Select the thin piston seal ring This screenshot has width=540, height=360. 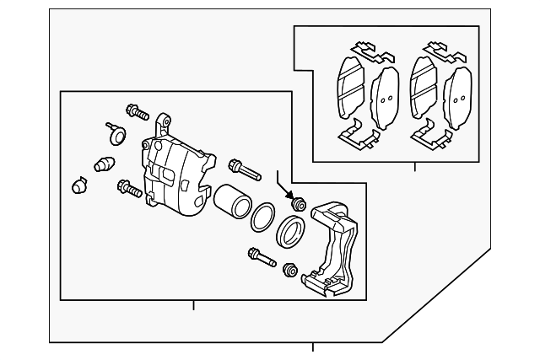pyautogui.click(x=262, y=217)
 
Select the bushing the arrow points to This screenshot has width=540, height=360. pyautogui.click(x=297, y=205)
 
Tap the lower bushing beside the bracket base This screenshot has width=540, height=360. pyautogui.click(x=290, y=271)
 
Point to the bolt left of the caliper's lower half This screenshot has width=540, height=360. pyautogui.click(x=130, y=188)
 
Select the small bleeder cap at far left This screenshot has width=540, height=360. pyautogui.click(x=78, y=184)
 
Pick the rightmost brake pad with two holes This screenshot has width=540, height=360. pyautogui.click(x=458, y=95)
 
